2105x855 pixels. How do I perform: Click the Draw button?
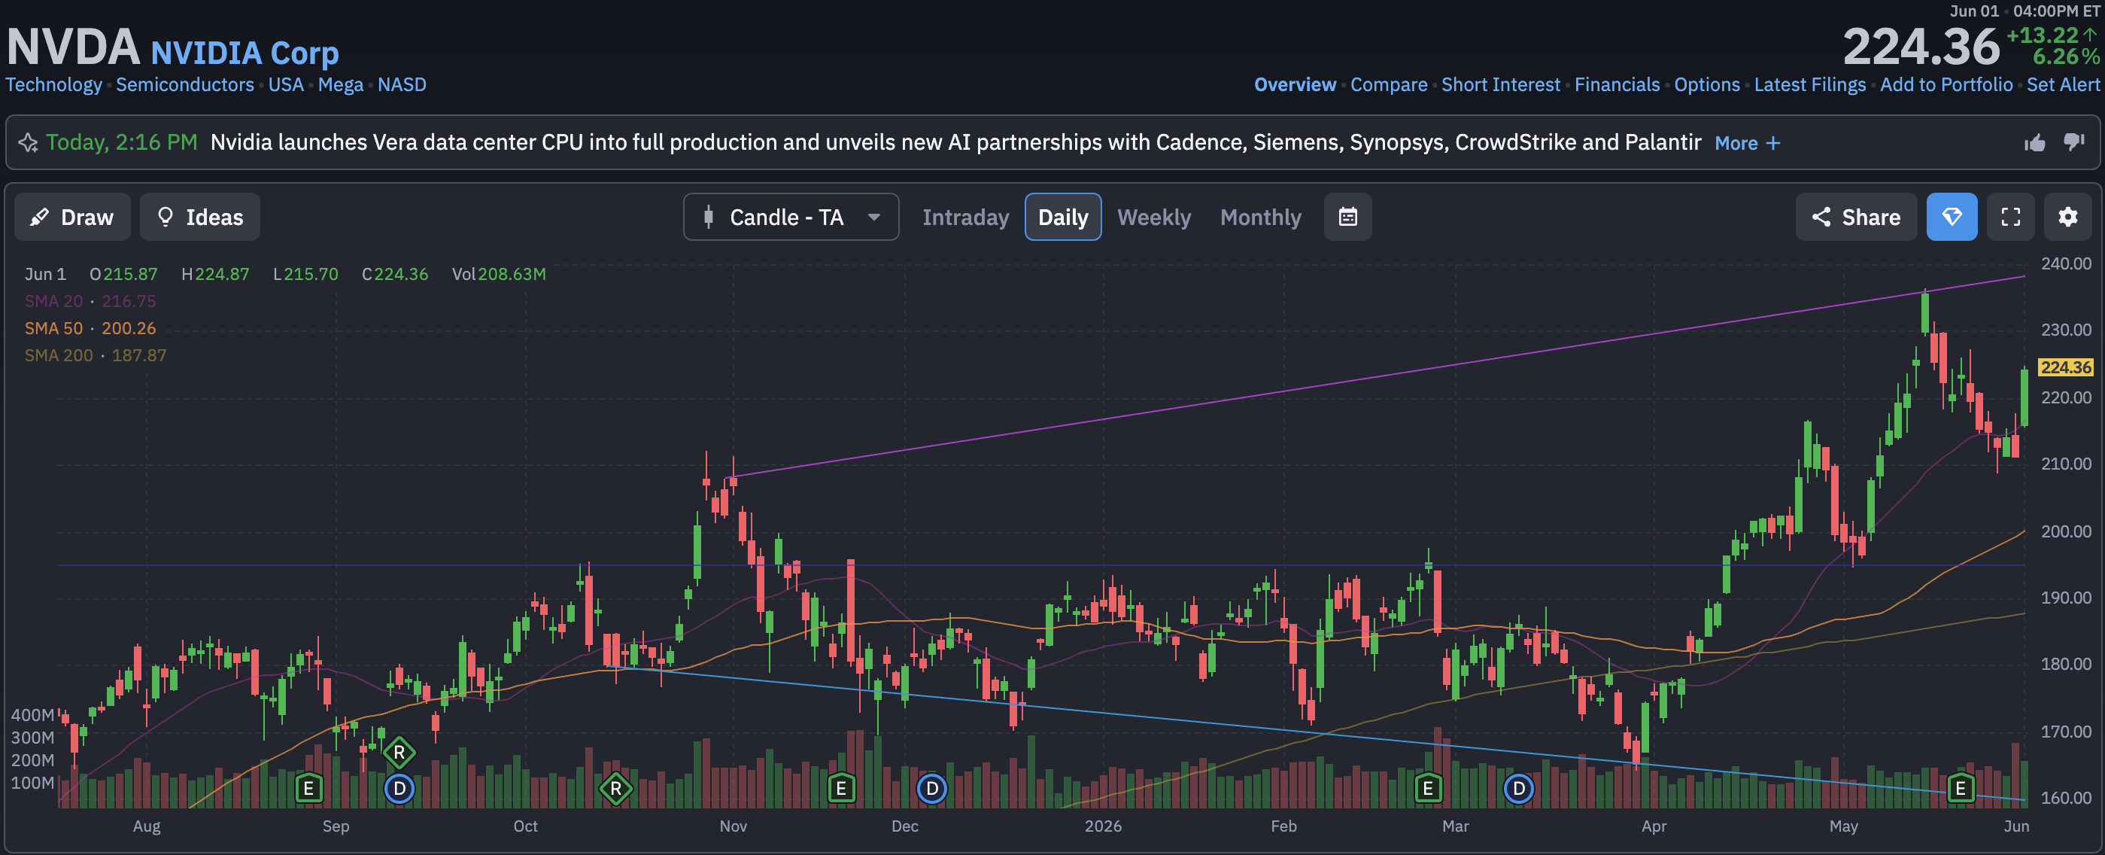pyautogui.click(x=72, y=217)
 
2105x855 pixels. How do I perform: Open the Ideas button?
pyautogui.click(x=200, y=217)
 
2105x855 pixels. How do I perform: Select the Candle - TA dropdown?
pyautogui.click(x=791, y=217)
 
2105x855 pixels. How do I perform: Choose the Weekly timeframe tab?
pyautogui.click(x=1154, y=218)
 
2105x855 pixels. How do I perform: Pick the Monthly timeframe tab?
pyautogui.click(x=1260, y=218)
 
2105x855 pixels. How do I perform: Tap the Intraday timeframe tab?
pyautogui.click(x=965, y=218)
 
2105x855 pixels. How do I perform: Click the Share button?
pyautogui.click(x=1856, y=217)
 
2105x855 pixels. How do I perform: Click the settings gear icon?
pyautogui.click(x=2067, y=217)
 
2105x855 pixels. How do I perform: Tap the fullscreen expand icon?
pyautogui.click(x=2010, y=217)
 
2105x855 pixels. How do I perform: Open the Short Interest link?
pyautogui.click(x=1500, y=84)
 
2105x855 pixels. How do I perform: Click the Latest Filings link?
pyautogui.click(x=1810, y=84)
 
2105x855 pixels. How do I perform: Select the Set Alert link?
pyautogui.click(x=2063, y=84)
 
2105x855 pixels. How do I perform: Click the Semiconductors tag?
pyautogui.click(x=184, y=84)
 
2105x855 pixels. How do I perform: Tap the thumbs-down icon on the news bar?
pyautogui.click(x=2074, y=142)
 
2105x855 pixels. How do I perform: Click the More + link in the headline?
pyautogui.click(x=1747, y=143)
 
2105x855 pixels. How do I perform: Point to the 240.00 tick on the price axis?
pyautogui.click(x=2065, y=263)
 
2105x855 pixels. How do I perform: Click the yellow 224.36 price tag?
pyautogui.click(x=2065, y=367)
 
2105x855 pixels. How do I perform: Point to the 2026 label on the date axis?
pyautogui.click(x=1102, y=826)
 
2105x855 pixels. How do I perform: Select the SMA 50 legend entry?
pyautogui.click(x=90, y=328)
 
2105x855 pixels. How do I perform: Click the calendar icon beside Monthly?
pyautogui.click(x=1347, y=217)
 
